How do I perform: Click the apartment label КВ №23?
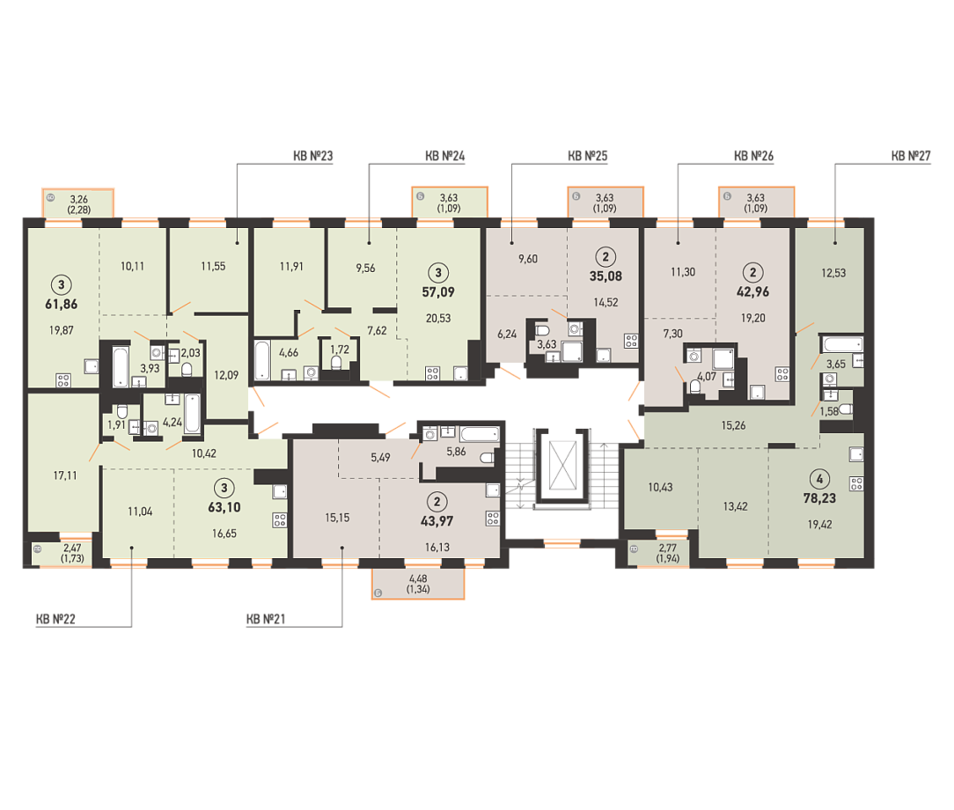(312, 156)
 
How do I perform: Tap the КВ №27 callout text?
(911, 156)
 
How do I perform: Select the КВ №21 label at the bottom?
(266, 619)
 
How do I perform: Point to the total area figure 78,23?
(819, 498)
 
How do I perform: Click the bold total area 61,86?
(62, 305)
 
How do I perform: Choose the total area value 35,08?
(606, 276)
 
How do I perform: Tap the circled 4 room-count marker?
(819, 479)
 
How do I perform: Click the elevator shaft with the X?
(562, 466)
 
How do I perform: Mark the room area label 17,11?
(65, 475)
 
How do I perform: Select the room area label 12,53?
(833, 273)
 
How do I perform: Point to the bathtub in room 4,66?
(262, 360)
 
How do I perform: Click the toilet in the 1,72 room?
(336, 364)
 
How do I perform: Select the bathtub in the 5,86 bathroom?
(480, 434)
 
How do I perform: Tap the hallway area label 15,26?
(733, 425)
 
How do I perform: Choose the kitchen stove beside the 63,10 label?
(280, 520)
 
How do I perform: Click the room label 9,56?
(365, 268)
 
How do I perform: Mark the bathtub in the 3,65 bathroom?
(843, 344)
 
